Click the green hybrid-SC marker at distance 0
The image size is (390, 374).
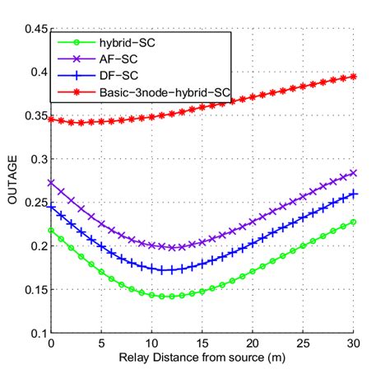click(x=51, y=231)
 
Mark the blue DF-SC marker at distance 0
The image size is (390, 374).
click(x=51, y=207)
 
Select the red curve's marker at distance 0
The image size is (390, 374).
click(x=51, y=119)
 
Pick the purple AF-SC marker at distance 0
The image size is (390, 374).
click(x=51, y=183)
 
